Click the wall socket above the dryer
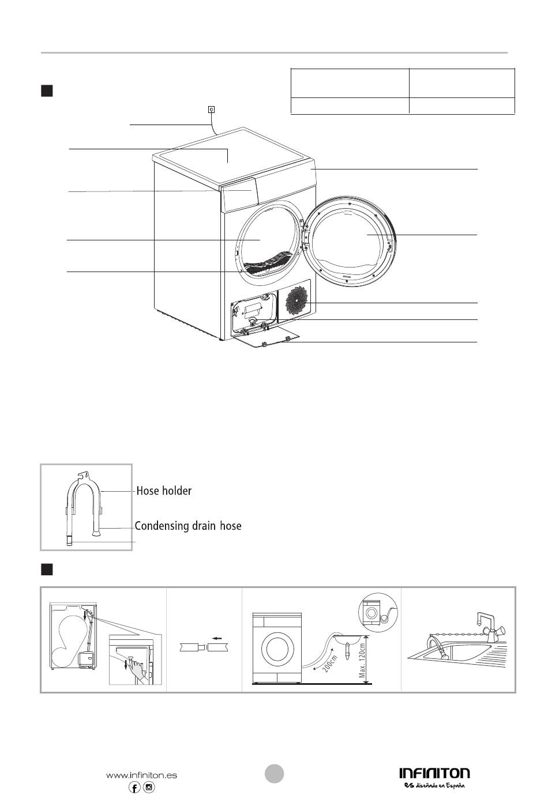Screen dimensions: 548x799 click(211, 110)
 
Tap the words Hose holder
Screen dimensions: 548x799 click(164, 491)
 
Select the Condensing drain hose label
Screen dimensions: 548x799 click(188, 526)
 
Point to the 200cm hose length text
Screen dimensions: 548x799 click(330, 664)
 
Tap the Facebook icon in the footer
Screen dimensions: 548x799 click(134, 787)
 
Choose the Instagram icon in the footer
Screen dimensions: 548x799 click(149, 787)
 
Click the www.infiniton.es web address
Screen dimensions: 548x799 click(141, 775)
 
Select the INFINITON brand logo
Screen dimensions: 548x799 click(434, 773)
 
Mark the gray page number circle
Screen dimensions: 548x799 click(274, 774)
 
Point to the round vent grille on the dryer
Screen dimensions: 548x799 click(296, 300)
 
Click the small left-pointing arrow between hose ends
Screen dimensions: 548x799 click(217, 638)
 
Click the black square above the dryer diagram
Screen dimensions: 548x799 click(47, 91)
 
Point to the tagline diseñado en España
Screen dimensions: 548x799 click(435, 785)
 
